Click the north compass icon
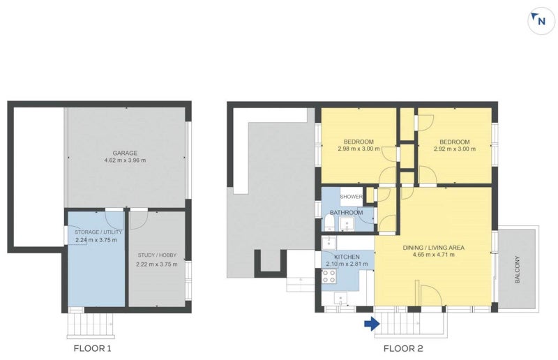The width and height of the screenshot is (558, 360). (540, 21)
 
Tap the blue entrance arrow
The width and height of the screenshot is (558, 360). (371, 323)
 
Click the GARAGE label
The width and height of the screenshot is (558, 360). (126, 153)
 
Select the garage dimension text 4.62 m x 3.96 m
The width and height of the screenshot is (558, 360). (126, 160)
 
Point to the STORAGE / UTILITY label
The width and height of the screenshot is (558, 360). (98, 232)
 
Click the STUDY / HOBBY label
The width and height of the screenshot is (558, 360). (156, 256)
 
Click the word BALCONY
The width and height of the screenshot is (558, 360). (518, 268)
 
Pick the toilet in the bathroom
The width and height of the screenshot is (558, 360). (329, 223)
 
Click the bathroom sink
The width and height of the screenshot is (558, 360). (346, 223)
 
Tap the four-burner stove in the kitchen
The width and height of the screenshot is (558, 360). (329, 276)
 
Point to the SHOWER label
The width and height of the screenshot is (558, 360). (351, 197)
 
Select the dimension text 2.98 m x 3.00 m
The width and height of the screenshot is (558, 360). (359, 149)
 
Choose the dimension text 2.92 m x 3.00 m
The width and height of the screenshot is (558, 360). (454, 149)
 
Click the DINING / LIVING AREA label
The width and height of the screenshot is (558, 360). (433, 247)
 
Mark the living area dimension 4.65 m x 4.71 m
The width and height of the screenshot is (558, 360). (433, 255)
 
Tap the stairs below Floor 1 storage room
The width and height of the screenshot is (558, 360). (90, 324)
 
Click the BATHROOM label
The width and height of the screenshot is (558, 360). (346, 212)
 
